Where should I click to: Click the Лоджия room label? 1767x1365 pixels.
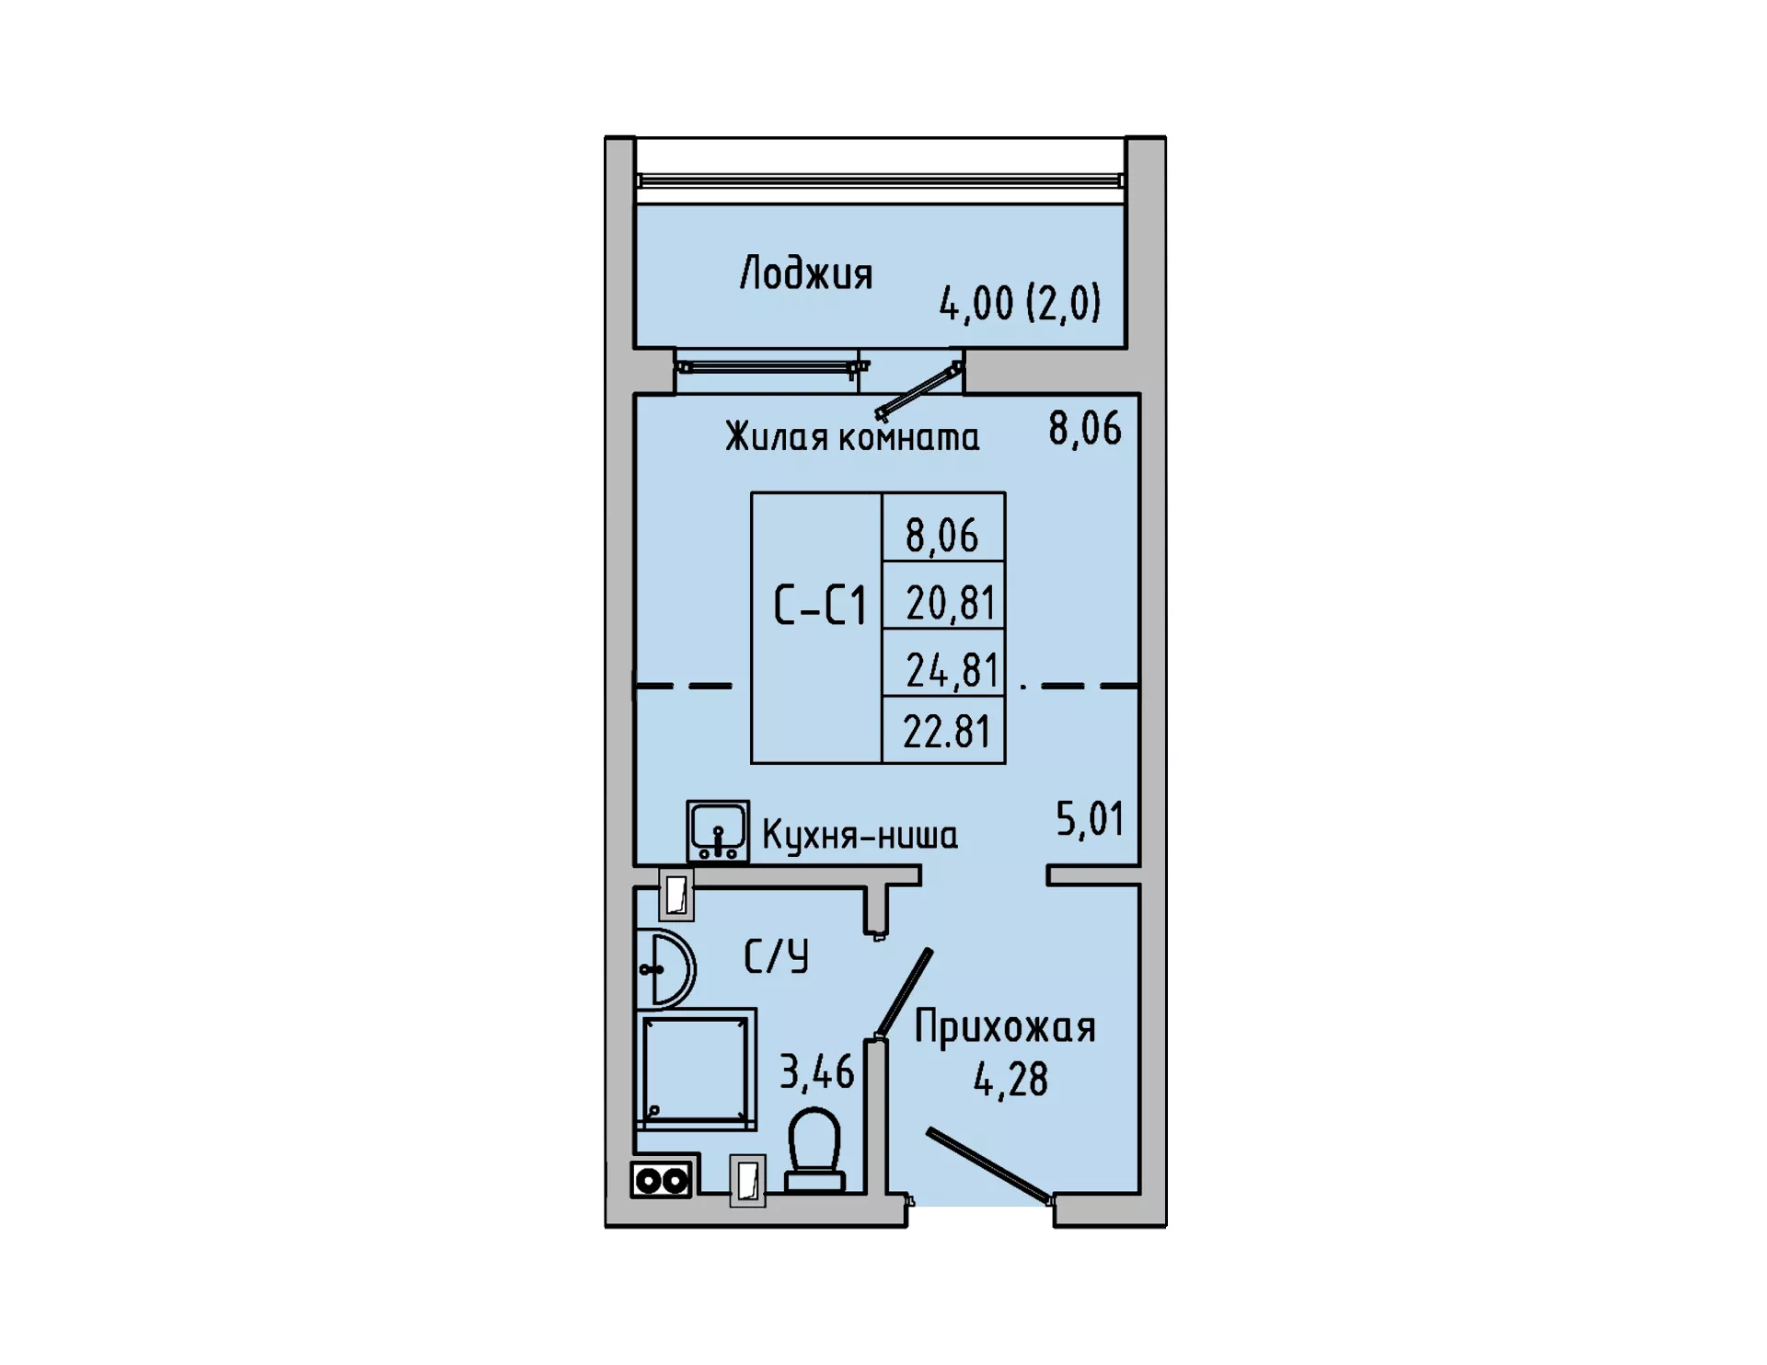click(806, 274)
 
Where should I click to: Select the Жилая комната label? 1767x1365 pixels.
click(852, 436)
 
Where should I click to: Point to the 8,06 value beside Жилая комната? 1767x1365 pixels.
click(1085, 429)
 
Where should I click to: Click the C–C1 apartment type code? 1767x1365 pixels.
click(820, 607)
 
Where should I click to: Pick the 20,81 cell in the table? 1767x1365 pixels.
click(951, 604)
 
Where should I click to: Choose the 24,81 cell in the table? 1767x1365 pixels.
click(952, 671)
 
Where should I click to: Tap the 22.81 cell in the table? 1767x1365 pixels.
click(947, 732)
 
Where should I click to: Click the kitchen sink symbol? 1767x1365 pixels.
click(718, 831)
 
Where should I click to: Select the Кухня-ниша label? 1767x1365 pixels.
click(860, 836)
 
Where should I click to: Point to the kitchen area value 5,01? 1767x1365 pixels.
click(1090, 819)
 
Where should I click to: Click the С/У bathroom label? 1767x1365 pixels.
click(776, 956)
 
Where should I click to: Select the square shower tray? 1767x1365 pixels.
click(696, 1070)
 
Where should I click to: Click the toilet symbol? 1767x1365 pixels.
click(814, 1151)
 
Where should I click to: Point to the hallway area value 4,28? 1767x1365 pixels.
click(1011, 1080)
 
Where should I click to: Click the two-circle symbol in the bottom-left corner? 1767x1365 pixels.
click(662, 1180)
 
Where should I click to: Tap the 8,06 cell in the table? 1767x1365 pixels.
click(942, 536)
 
